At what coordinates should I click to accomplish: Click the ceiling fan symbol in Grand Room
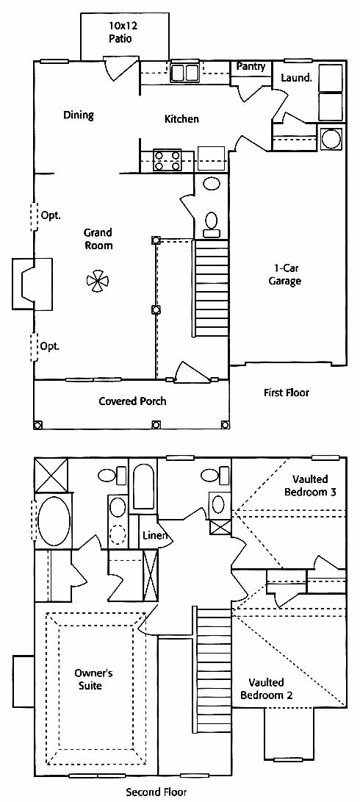point(98,280)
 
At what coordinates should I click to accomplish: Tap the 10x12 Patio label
point(123,32)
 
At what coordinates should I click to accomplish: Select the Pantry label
point(251,66)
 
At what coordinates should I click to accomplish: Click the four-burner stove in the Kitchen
point(168,160)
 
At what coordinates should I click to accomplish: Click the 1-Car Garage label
point(285,275)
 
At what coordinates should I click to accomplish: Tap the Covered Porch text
point(132,401)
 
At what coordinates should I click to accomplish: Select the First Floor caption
point(287,393)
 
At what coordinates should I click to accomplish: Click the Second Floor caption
point(156,792)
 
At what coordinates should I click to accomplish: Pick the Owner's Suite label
point(93,679)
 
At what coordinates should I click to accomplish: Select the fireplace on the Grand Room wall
point(32,284)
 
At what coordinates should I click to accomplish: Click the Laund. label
point(297,78)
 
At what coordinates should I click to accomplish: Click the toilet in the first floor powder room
point(211,224)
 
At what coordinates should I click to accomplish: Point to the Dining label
point(78,115)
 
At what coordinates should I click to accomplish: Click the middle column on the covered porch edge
point(156,425)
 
